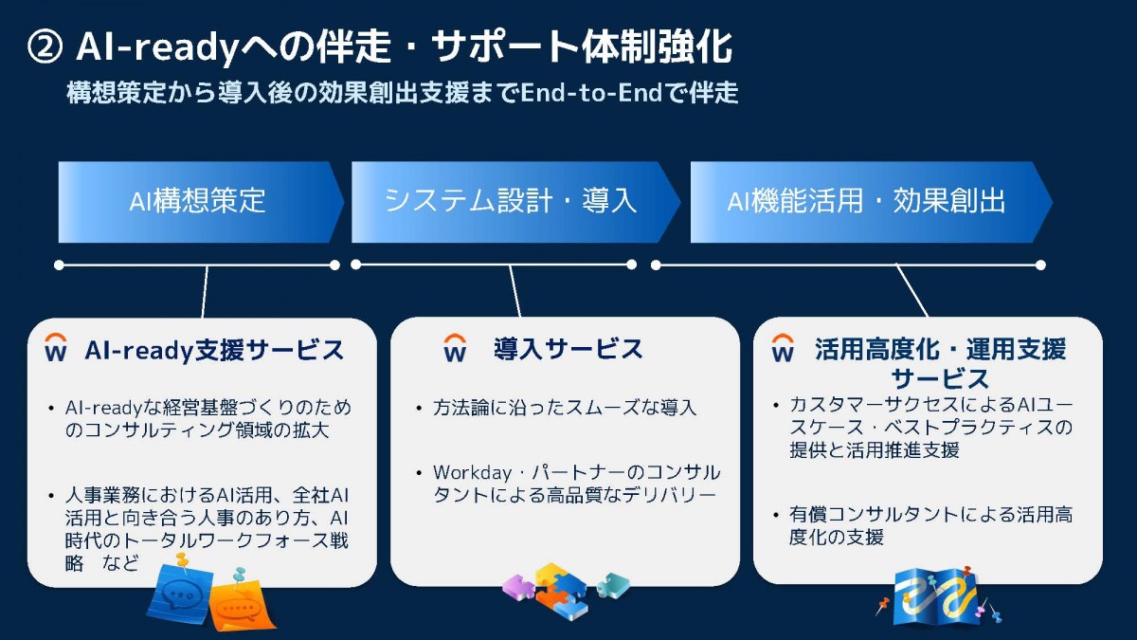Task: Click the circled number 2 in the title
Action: coord(45,46)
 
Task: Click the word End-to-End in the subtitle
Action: coord(591,93)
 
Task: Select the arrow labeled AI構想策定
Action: coord(201,202)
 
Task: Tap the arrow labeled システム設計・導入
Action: coord(515,202)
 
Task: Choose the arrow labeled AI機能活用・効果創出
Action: coord(872,202)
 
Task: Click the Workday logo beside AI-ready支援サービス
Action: coord(56,347)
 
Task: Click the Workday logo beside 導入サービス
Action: coord(455,347)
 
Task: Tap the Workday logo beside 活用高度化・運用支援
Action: coord(783,347)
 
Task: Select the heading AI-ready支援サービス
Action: coord(214,350)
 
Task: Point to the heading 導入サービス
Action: coord(568,349)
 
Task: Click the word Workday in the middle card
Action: coord(472,473)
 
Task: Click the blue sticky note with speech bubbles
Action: coord(180,594)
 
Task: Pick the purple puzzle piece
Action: coord(519,588)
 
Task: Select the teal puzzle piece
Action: coord(613,585)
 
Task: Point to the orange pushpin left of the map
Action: coord(883,605)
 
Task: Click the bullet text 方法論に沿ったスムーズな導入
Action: coord(565,408)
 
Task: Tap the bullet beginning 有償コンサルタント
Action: coord(930,525)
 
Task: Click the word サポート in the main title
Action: coord(504,46)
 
